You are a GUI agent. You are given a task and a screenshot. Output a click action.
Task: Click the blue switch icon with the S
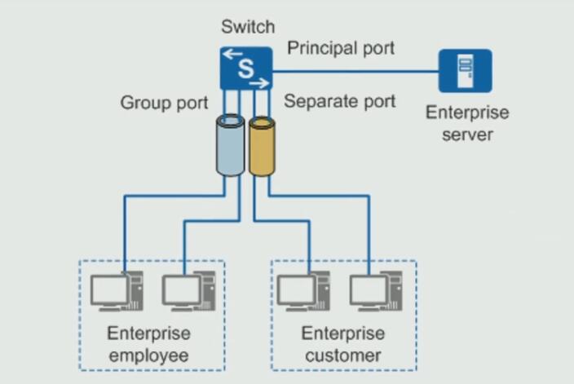point(245,68)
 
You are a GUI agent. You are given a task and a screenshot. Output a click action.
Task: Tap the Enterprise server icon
point(465,71)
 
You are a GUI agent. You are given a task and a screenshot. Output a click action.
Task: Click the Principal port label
point(341,48)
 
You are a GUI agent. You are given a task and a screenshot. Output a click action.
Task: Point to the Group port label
point(165,103)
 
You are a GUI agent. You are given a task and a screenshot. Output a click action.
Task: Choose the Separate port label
point(340,101)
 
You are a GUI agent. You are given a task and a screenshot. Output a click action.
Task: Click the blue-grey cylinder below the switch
point(229,145)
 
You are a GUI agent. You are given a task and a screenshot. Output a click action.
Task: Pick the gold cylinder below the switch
point(261,147)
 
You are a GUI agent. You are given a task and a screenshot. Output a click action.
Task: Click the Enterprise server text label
point(467,123)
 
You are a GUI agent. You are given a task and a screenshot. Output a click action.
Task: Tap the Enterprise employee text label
point(149,344)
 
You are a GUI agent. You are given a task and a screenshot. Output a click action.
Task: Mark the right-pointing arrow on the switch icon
point(258,82)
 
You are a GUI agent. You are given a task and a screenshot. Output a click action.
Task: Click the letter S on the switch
point(245,69)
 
